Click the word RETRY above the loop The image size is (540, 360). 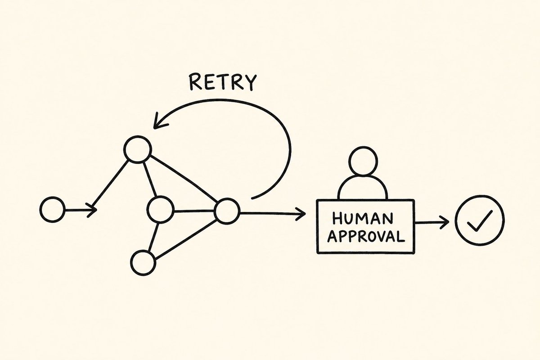click(x=222, y=82)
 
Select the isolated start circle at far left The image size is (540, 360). click(x=52, y=210)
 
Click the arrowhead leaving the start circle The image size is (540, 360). click(x=92, y=210)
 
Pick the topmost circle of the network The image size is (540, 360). click(x=138, y=149)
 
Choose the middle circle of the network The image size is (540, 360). click(x=160, y=210)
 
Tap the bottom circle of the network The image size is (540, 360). click(x=143, y=263)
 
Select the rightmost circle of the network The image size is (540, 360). click(x=227, y=211)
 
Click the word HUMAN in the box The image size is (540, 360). click(x=362, y=218)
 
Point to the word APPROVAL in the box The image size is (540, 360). click(x=366, y=236)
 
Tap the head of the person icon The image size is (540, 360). click(x=364, y=161)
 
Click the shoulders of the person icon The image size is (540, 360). click(x=363, y=187)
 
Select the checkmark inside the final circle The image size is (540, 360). click(x=480, y=221)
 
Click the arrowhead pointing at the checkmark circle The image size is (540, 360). click(x=444, y=222)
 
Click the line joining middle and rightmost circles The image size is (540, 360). click(x=194, y=211)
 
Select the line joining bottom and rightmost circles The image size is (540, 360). click(x=186, y=239)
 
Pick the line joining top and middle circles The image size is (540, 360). click(x=150, y=180)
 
